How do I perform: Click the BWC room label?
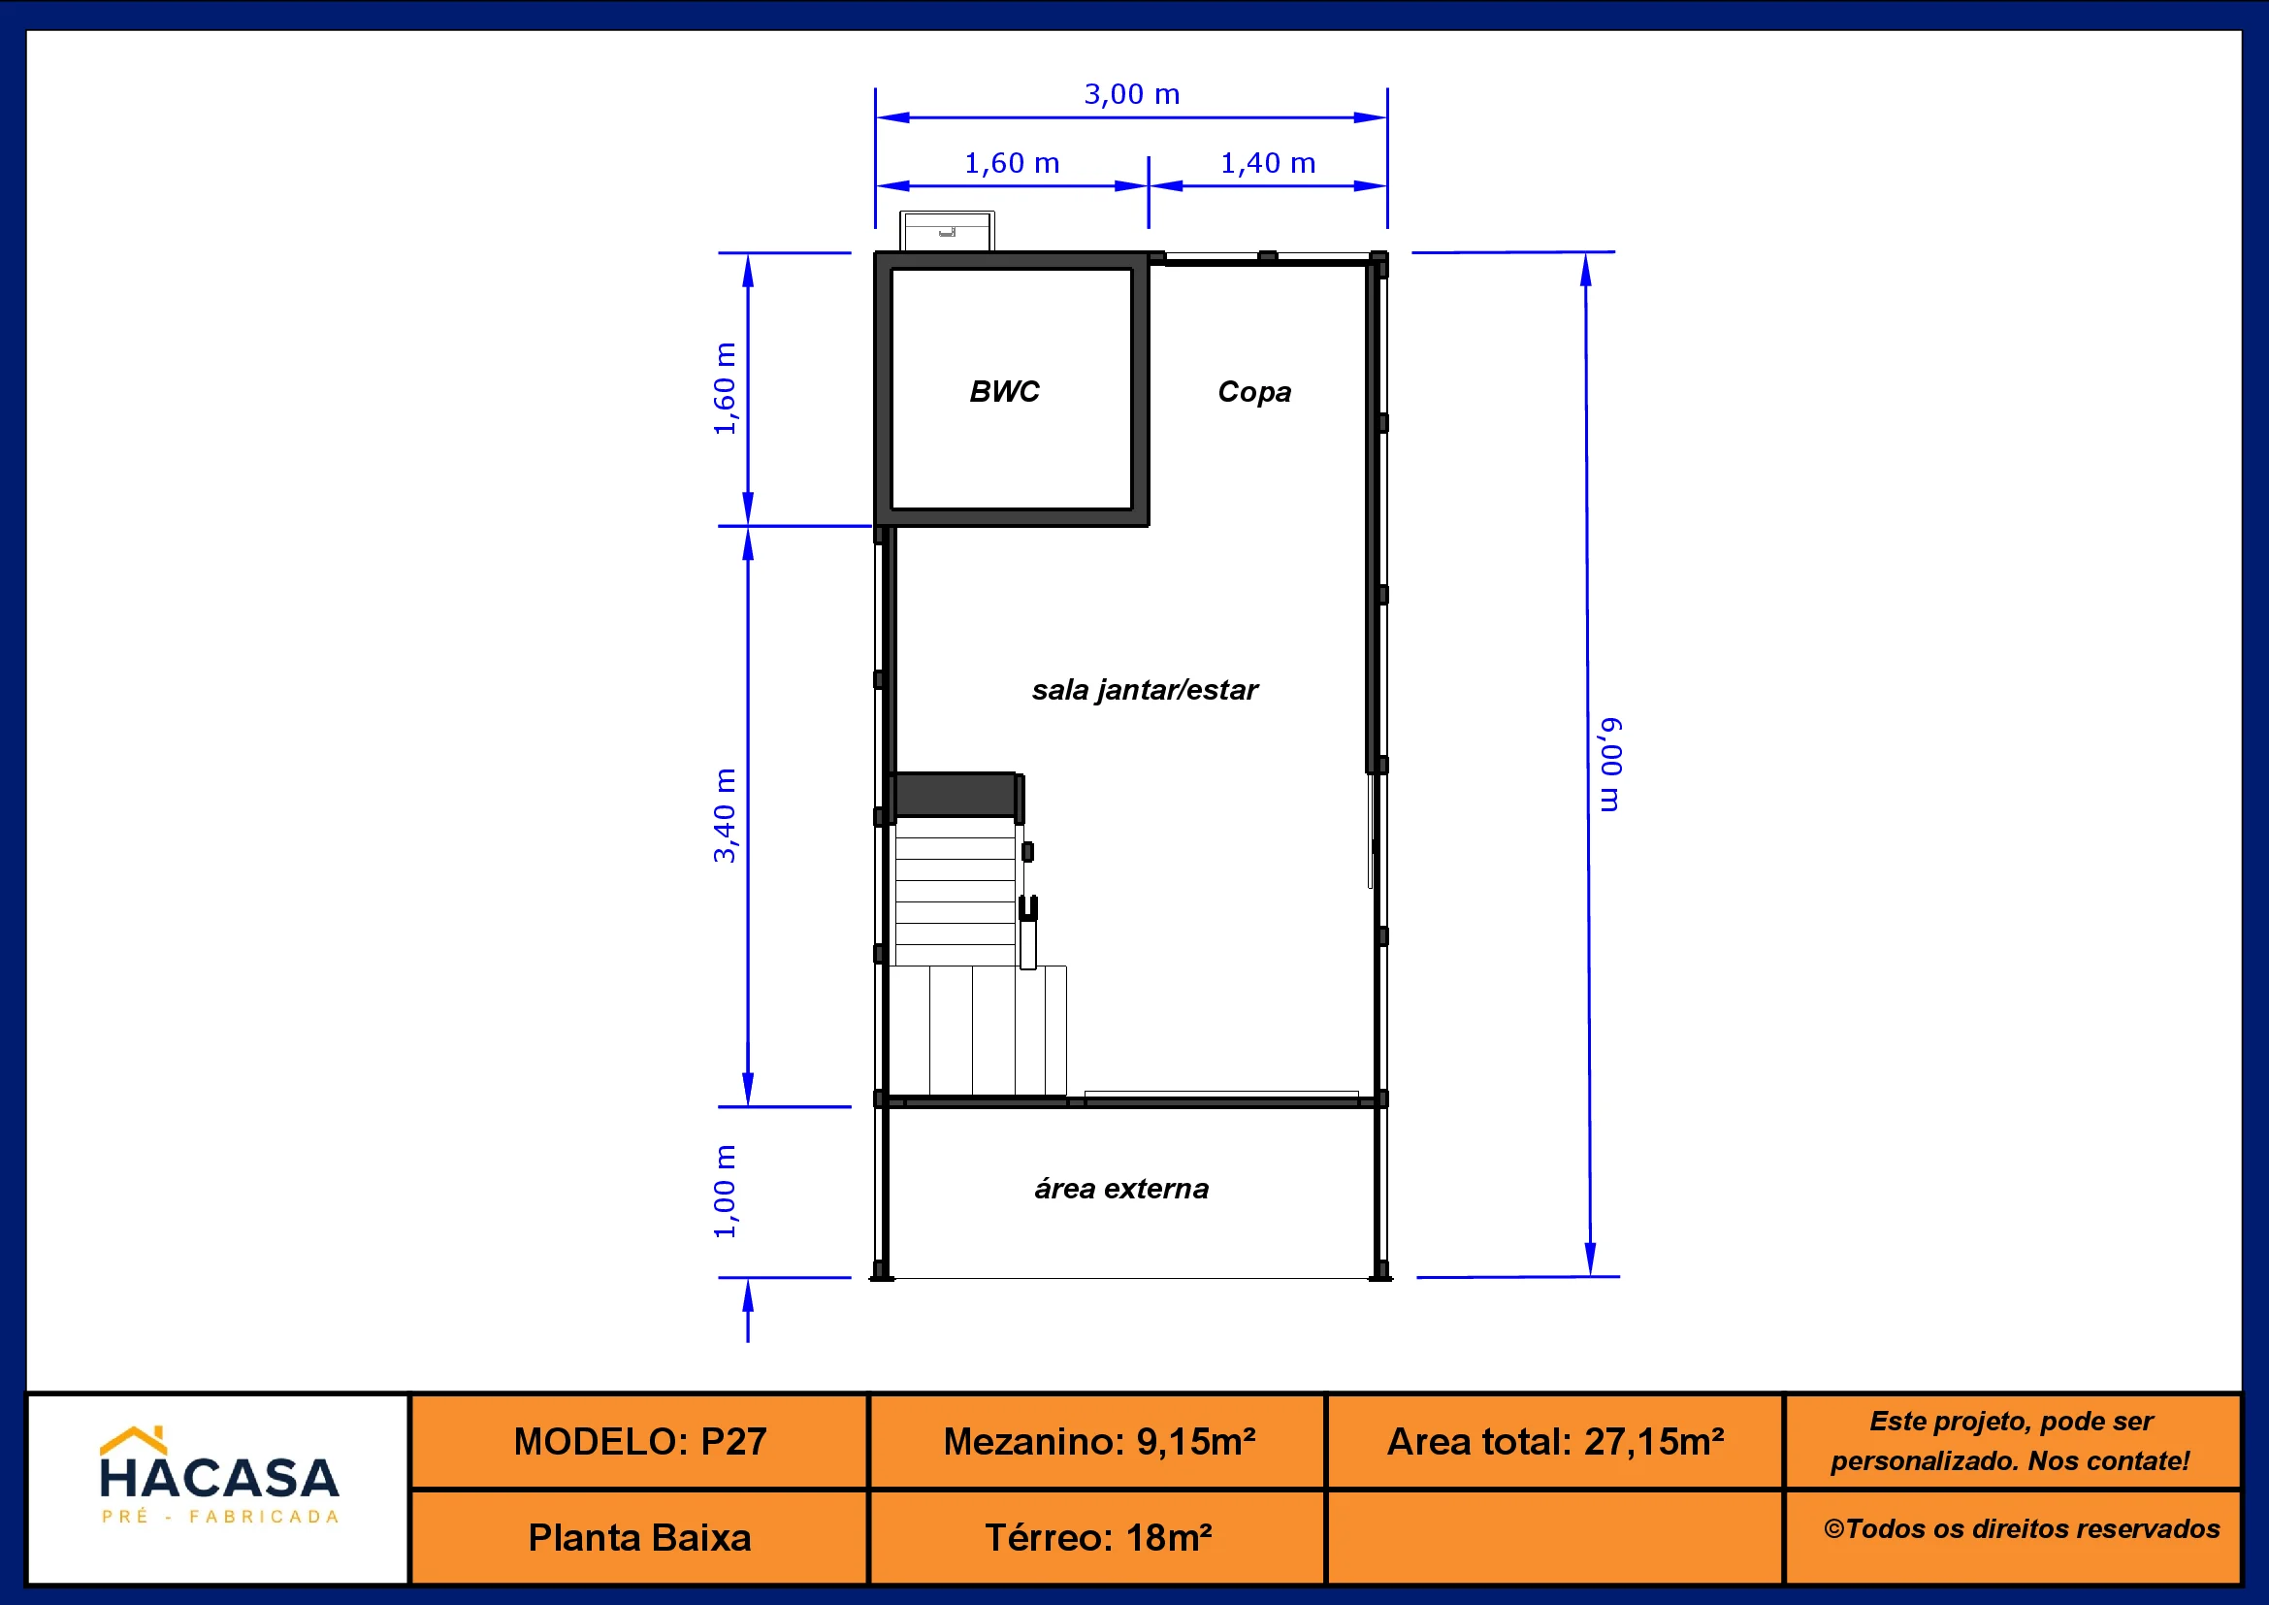pyautogui.click(x=1004, y=391)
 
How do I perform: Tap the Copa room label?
pyautogui.click(x=1254, y=392)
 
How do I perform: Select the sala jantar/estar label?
pyautogui.click(x=1145, y=690)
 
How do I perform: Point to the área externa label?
pyautogui.click(x=1121, y=1188)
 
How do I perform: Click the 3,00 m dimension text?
pyautogui.click(x=1131, y=95)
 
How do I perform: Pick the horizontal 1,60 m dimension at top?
pyautogui.click(x=1012, y=164)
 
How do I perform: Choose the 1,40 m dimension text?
pyautogui.click(x=1268, y=164)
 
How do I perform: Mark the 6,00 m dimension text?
pyautogui.click(x=1611, y=765)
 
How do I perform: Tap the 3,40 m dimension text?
pyautogui.click(x=725, y=815)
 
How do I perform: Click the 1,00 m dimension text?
pyautogui.click(x=725, y=1191)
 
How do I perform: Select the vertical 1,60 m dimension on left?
pyautogui.click(x=725, y=388)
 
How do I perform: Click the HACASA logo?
pyautogui.click(x=219, y=1477)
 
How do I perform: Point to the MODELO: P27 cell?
pyautogui.click(x=639, y=1442)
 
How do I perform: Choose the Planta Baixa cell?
pyautogui.click(x=639, y=1538)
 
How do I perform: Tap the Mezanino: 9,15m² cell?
pyautogui.click(x=1098, y=1442)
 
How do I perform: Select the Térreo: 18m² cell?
pyautogui.click(x=1098, y=1538)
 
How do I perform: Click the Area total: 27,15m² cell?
pyautogui.click(x=1555, y=1442)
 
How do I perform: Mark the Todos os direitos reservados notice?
pyautogui.click(x=2022, y=1529)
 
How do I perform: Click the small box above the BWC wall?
pyautogui.click(x=947, y=231)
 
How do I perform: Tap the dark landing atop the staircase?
pyautogui.click(x=955, y=796)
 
